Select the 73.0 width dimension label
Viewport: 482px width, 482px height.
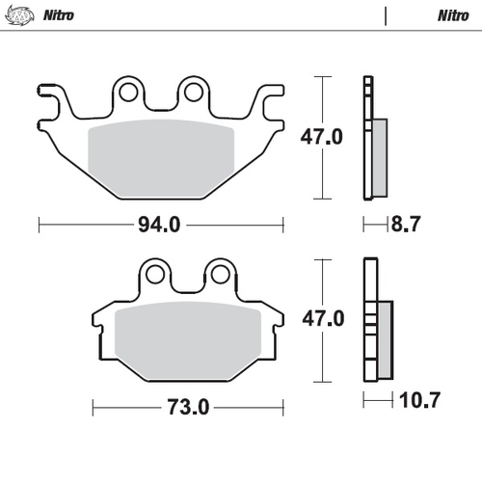pos(189,407)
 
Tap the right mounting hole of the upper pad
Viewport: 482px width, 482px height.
pos(193,93)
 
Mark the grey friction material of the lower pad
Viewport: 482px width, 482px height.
pos(189,340)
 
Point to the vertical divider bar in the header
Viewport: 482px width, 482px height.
pos(386,16)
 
